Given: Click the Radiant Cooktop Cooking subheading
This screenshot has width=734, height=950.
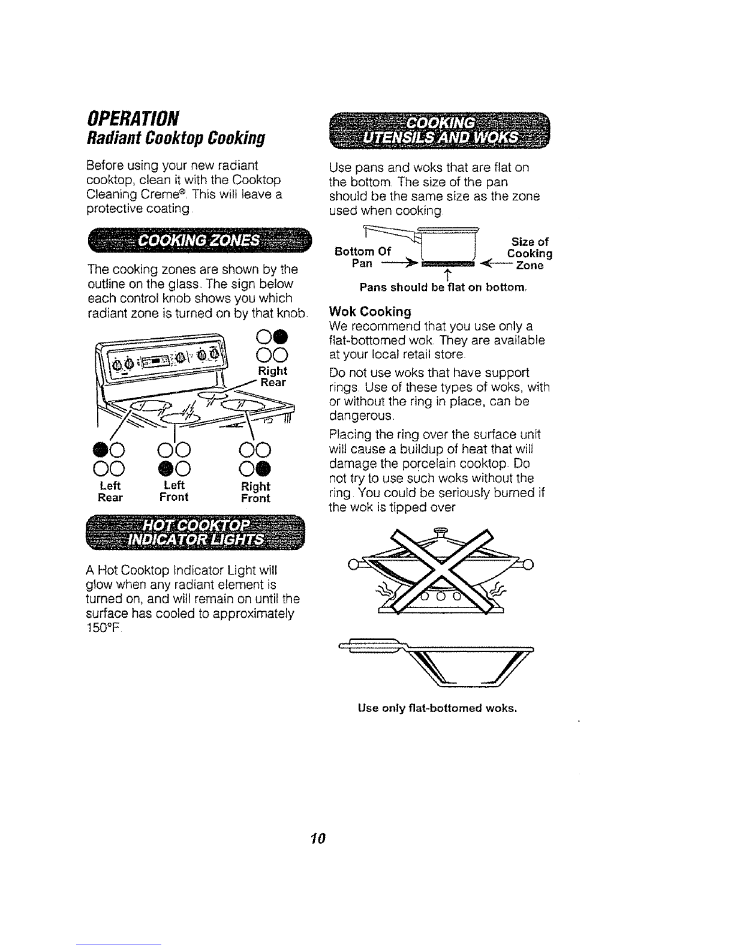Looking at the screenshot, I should [x=168, y=137].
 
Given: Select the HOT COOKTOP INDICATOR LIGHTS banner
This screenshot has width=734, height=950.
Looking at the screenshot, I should [x=197, y=530].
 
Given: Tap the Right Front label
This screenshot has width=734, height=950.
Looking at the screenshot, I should [x=255, y=492].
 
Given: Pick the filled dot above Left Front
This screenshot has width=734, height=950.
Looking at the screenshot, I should [x=166, y=467].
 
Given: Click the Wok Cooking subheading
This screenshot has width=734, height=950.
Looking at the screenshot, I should [x=371, y=312].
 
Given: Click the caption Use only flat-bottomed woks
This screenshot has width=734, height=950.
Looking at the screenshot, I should [x=437, y=708].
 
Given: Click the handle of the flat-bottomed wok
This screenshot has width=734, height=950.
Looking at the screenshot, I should [x=372, y=644].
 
